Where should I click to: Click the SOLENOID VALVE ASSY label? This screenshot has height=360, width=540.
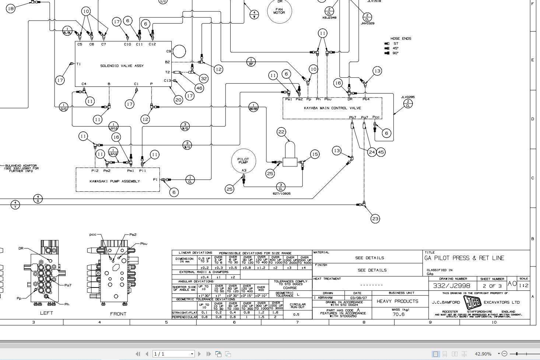coord(122,66)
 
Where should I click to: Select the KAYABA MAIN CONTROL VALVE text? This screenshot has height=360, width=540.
coord(332,108)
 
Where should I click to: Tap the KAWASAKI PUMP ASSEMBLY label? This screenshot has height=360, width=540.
coord(115,181)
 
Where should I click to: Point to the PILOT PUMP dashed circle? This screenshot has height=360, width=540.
coord(243,161)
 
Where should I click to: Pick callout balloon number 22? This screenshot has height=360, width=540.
coord(281,132)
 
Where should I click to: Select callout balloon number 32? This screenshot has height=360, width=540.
coord(204,78)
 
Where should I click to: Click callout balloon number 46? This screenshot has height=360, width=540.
coord(199,88)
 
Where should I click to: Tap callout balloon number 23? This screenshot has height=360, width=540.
coord(375,219)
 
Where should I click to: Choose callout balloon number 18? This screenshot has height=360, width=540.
coord(11,8)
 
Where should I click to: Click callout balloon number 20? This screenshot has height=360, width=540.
coord(178,100)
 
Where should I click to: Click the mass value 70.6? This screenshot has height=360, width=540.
coord(398,314)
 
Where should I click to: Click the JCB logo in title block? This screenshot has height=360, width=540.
coord(472,303)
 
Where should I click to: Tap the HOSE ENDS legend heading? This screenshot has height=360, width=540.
coord(401,38)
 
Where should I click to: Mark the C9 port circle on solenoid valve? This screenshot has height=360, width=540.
coord(179,51)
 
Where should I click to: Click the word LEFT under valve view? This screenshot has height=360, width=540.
coord(46,313)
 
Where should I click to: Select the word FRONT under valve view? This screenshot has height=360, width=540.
coord(118,314)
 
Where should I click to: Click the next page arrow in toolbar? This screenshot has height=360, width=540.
coord(199,354)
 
